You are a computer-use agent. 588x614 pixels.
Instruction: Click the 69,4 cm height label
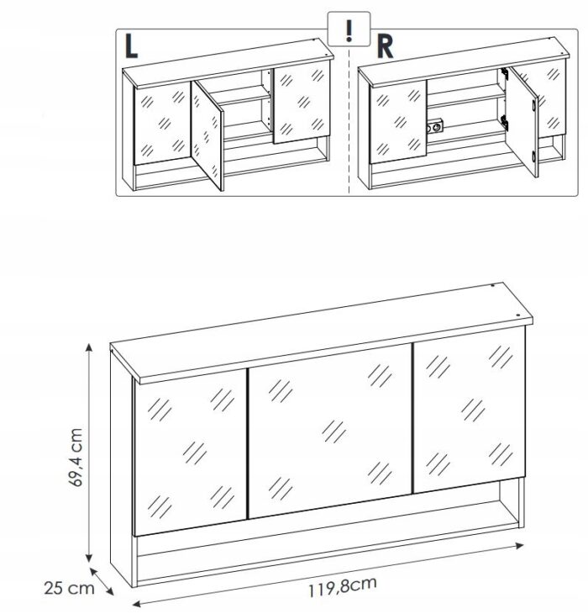[76, 458]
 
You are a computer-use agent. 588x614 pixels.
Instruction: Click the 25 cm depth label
[69, 588]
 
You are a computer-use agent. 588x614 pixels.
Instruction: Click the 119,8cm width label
[343, 586]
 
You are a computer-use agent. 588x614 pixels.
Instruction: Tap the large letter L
[131, 46]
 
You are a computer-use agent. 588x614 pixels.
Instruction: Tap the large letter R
[385, 47]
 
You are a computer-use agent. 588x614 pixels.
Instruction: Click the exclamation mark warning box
[349, 29]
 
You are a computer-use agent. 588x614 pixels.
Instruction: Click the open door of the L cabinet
[207, 135]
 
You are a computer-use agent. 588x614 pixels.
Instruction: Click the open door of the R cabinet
[523, 120]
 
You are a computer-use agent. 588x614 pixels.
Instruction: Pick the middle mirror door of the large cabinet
[330, 431]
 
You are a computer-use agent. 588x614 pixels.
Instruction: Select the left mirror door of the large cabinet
[191, 453]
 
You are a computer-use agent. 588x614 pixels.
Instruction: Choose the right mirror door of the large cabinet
[470, 410]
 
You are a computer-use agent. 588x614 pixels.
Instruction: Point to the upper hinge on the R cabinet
[504, 74]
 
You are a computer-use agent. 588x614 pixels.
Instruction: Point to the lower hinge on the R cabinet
[505, 123]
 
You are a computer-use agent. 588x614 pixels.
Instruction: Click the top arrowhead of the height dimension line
[89, 347]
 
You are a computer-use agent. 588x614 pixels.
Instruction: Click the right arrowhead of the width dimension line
[520, 546]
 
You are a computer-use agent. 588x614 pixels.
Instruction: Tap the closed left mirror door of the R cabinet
[398, 122]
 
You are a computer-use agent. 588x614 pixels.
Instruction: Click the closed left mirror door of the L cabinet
[163, 124]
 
